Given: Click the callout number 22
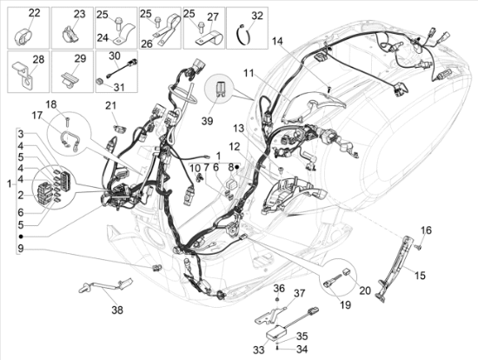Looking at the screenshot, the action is point(35,13).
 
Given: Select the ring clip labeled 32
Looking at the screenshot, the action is point(244,35).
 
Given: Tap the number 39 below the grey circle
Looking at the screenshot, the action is point(208,121).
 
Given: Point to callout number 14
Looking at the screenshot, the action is point(278,41).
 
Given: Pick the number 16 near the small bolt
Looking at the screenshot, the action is point(426,230).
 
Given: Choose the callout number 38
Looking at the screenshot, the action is point(117,310).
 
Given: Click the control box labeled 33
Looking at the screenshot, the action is point(277,330).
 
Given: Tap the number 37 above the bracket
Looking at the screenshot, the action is point(299,294).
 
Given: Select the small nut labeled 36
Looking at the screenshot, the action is point(277,300).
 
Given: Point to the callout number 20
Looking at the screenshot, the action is point(365,290).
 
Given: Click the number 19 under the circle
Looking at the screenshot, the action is point(345,304).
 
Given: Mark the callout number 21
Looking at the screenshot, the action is point(111,106).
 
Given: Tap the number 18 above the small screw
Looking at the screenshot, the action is point(51,104).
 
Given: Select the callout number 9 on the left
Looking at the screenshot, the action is point(21,249).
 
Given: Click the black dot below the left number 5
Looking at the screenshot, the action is point(21,237).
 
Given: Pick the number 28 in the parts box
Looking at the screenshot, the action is point(39,59).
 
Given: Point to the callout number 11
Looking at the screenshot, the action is point(249,73).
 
